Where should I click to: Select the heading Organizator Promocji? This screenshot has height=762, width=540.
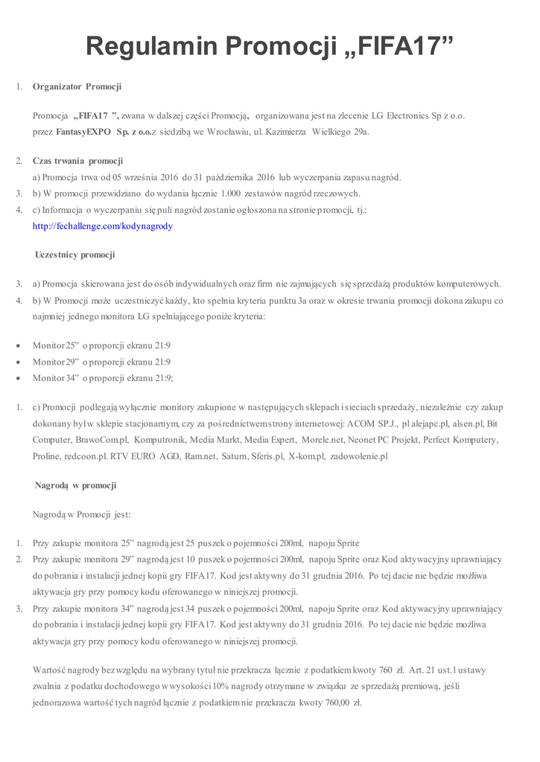[x=77, y=87]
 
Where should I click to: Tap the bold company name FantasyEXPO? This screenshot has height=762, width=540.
[x=83, y=132]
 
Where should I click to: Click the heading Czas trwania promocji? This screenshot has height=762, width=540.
[x=77, y=161]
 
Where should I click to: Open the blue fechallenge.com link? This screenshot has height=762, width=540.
[x=103, y=225]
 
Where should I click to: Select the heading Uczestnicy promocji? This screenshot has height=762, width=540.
[x=74, y=255]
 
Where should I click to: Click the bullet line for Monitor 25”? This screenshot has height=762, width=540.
[x=101, y=345]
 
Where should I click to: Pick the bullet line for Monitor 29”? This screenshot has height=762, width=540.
[x=101, y=362]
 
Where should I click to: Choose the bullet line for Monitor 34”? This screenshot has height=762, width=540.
[x=103, y=378]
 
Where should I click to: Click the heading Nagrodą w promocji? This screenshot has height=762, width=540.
[x=75, y=486]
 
